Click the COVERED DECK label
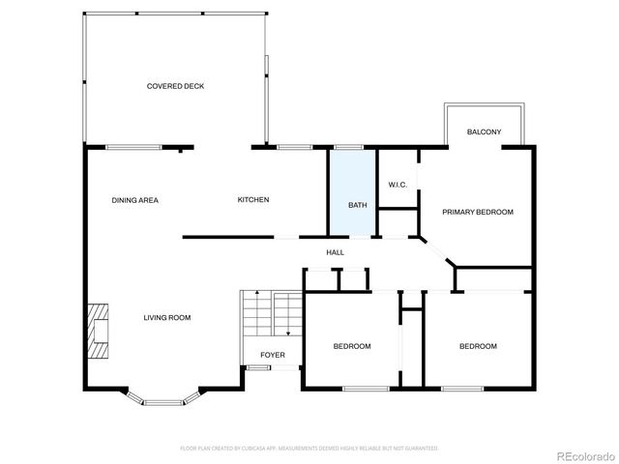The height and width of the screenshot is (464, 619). pyautogui.click(x=175, y=86)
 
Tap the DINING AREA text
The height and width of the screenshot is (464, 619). pyautogui.click(x=134, y=200)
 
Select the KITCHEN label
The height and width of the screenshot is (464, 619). pyautogui.click(x=253, y=200)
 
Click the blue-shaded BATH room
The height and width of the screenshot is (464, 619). pyautogui.click(x=352, y=192)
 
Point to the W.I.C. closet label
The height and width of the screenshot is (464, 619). pyautogui.click(x=398, y=185)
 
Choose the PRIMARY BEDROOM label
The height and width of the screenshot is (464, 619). pyautogui.click(x=478, y=212)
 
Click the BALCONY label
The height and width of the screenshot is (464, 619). pyautogui.click(x=484, y=132)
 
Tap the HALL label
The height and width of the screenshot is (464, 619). pyautogui.click(x=335, y=252)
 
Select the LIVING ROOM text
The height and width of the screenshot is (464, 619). pyautogui.click(x=167, y=317)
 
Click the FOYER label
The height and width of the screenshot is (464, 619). pyautogui.click(x=273, y=355)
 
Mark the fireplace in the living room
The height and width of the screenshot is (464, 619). pyautogui.click(x=98, y=330)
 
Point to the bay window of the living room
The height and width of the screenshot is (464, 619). pyautogui.click(x=162, y=397)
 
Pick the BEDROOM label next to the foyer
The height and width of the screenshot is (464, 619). pyautogui.click(x=352, y=346)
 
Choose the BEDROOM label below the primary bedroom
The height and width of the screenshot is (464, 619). pyautogui.click(x=478, y=346)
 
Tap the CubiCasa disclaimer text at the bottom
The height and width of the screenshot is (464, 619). pyautogui.click(x=309, y=449)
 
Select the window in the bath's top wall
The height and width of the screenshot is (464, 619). pyautogui.click(x=347, y=147)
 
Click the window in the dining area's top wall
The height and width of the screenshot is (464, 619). pyautogui.click(x=133, y=147)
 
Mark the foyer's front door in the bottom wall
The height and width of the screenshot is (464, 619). pyautogui.click(x=257, y=367)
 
